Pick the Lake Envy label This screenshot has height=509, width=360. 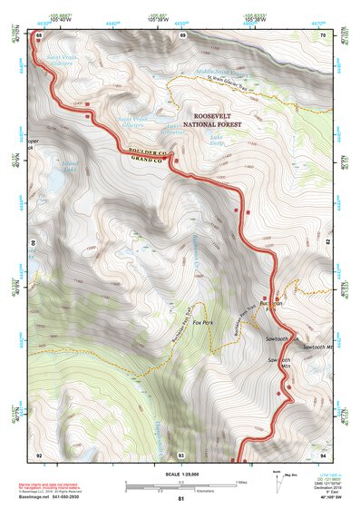[x=217, y=141]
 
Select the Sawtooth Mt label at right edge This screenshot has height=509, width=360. [x=317, y=347]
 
